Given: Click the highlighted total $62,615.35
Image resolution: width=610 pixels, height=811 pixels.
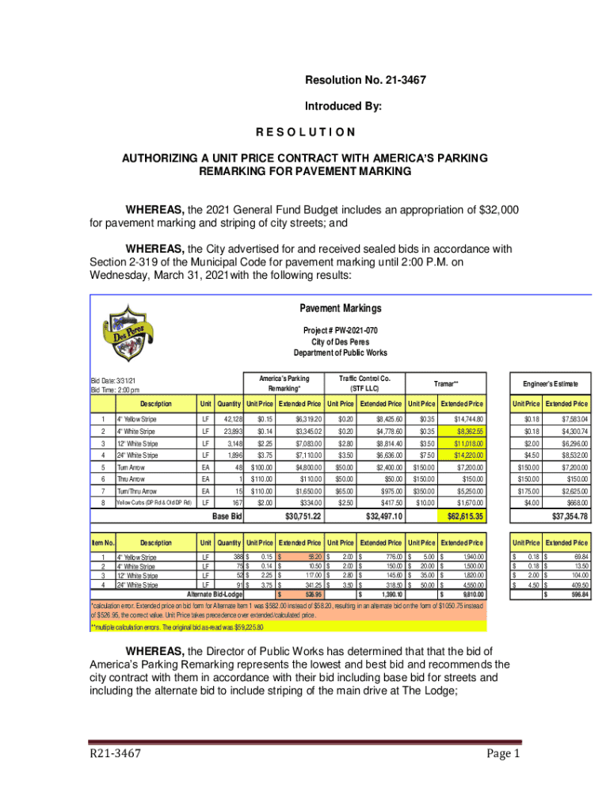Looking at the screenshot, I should (459, 516).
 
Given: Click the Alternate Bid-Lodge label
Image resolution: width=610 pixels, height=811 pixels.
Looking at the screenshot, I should (214, 594).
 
